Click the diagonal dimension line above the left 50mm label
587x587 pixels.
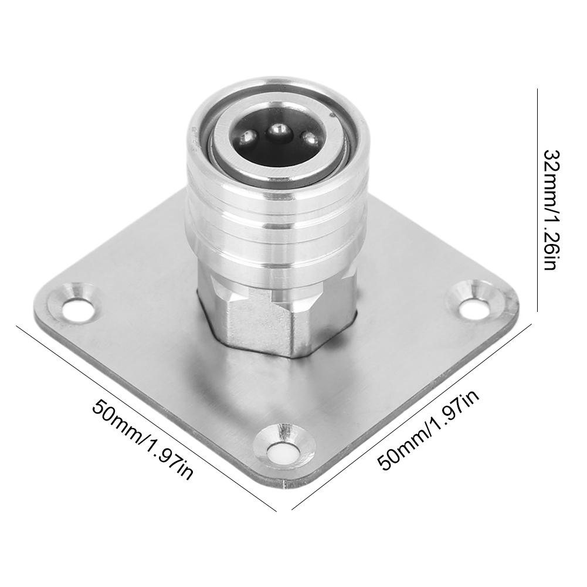[x=147, y=410]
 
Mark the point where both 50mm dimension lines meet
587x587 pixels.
[x=291, y=511]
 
